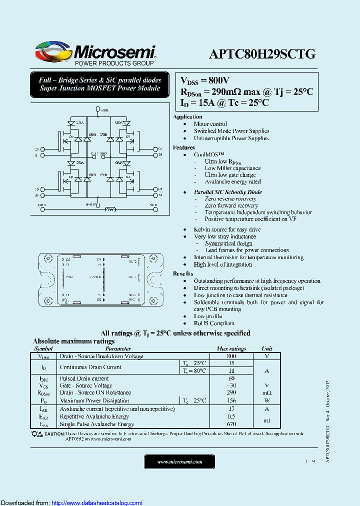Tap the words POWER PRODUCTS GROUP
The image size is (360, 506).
(x=114, y=63)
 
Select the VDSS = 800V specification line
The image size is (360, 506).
(x=205, y=81)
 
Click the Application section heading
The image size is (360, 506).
(x=187, y=116)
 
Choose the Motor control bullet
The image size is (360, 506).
(x=210, y=124)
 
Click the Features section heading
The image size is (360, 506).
(x=183, y=147)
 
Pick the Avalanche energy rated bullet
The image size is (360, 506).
(x=232, y=182)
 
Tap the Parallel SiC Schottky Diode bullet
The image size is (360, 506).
(x=227, y=192)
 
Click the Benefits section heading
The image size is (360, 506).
(x=183, y=273)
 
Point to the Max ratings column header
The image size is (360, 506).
(x=231, y=349)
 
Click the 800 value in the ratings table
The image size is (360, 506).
(x=231, y=356)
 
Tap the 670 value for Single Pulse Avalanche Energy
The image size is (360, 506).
(x=231, y=424)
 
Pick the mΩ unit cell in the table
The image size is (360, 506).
(x=267, y=393)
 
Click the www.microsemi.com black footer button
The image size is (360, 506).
(x=179, y=462)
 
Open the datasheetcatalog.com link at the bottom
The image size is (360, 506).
(x=97, y=503)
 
